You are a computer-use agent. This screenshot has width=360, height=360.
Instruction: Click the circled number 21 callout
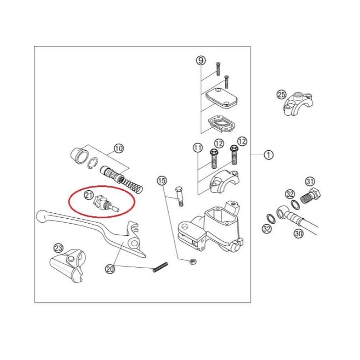pos(88,195)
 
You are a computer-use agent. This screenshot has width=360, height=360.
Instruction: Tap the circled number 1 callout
pos(268,155)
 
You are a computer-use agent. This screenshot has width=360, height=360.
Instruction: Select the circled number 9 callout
pos(201,61)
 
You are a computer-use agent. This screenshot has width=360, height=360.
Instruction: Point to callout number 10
pos(119,148)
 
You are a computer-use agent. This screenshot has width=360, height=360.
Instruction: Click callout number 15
pos(162,181)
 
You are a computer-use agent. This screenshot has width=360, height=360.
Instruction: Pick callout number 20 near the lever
pos(110,269)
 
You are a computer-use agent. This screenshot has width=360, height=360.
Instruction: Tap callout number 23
pos(58,248)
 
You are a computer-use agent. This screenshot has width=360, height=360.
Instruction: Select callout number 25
pos(282,94)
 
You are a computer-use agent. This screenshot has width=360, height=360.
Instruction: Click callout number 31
pos(310,182)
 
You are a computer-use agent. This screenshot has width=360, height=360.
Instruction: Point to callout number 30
pos(299,234)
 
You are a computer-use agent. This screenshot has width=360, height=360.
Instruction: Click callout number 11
pos(198,148)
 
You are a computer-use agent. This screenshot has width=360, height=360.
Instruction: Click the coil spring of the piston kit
pos(131,185)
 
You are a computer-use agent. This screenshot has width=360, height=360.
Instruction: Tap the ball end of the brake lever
pos(41,216)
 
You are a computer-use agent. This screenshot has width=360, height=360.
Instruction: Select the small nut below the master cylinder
pos(193,261)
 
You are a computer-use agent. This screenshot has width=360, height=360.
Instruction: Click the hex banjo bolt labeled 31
pos(311,196)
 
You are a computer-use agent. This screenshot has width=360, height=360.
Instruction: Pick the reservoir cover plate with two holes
pos(221,97)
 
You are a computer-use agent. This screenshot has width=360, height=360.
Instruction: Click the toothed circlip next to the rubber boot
pos(93,163)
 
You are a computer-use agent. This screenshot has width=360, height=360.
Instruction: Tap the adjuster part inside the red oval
pos(105,203)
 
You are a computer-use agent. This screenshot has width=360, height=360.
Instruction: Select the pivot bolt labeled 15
pos(179,197)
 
